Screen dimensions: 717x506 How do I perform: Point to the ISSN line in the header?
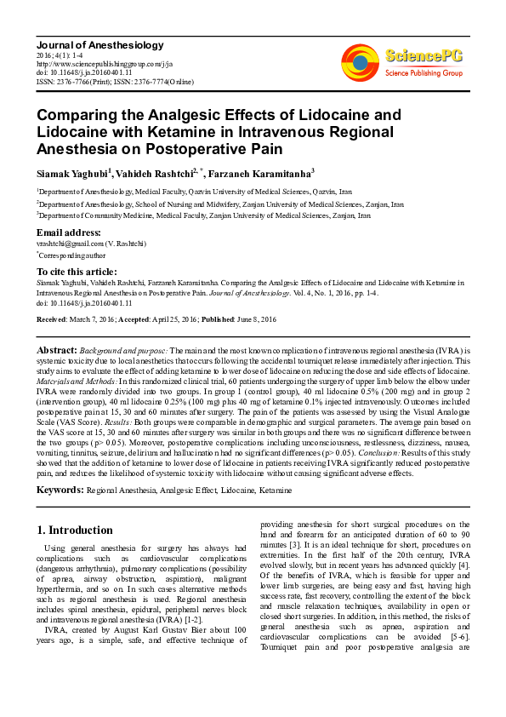[x=115, y=82]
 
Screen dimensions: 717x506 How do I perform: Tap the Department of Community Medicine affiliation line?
[x=204, y=216]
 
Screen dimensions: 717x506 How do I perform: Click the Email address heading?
[x=69, y=232]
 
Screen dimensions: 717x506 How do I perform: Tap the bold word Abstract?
[x=57, y=350]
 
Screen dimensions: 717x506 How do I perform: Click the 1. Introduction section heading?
[x=75, y=530]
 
